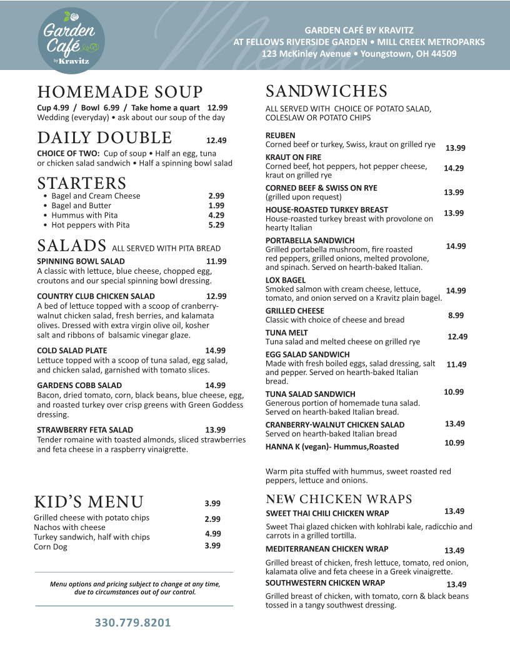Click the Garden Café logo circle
71,38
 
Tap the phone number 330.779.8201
132,623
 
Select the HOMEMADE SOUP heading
120,92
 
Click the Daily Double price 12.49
216,141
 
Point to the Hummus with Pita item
84,215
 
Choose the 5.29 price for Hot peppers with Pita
216,225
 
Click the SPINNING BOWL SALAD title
81,261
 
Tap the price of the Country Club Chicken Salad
216,296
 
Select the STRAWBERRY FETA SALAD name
85,430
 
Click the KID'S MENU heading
89,502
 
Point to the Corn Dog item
51,547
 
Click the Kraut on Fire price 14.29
454,168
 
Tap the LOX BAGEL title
286,280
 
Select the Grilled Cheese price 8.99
456,316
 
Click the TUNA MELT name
286,332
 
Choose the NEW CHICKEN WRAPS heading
339,499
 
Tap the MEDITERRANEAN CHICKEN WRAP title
327,549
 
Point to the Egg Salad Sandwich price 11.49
456,364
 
